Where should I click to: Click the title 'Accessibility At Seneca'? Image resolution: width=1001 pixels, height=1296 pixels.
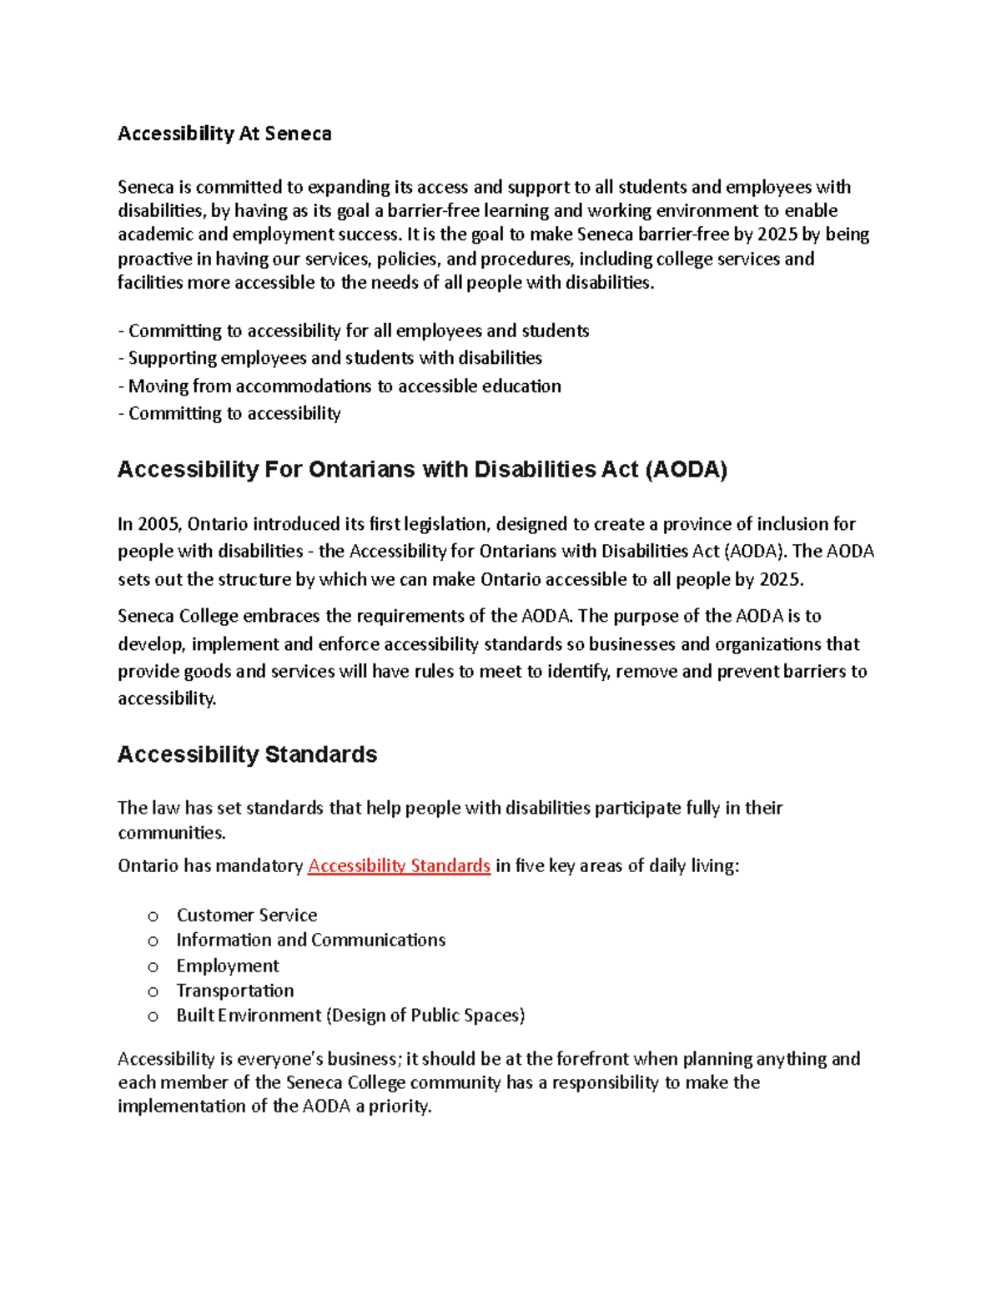(224, 134)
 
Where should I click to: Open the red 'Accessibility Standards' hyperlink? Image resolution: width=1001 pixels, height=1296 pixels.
(399, 865)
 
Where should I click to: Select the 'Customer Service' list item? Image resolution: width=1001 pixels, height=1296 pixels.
(247, 915)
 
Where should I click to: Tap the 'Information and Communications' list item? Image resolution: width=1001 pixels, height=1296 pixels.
(310, 940)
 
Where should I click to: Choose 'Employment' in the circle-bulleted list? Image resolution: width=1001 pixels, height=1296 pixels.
(228, 966)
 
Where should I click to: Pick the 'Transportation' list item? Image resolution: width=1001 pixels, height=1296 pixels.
(235, 991)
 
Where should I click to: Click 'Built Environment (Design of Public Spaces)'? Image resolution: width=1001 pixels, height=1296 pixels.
(350, 1016)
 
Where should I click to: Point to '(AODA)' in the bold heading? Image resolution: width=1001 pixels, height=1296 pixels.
(687, 470)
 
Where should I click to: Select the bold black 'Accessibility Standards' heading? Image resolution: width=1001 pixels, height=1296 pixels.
(247, 754)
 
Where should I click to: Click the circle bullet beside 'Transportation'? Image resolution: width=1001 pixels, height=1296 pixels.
(153, 991)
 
